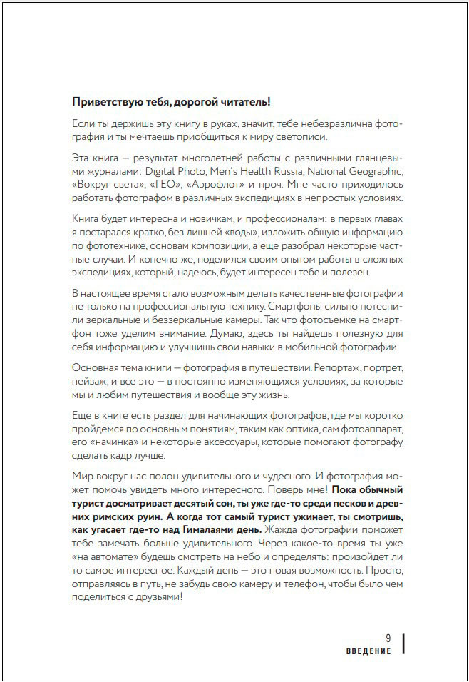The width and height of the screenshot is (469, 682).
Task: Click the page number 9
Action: coord(388,638)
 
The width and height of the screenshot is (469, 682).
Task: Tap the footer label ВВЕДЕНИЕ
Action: coord(369,651)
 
